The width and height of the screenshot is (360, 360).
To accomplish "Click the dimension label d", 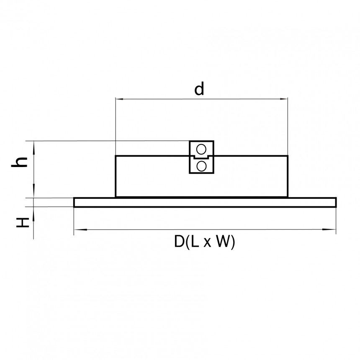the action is (x=199, y=89).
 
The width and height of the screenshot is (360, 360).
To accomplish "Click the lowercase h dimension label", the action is (x=20, y=162).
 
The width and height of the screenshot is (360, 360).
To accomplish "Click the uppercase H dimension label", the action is (x=23, y=222).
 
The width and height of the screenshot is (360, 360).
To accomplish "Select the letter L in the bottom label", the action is (x=195, y=242).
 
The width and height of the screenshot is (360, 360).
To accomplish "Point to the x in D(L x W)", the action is (x=207, y=243).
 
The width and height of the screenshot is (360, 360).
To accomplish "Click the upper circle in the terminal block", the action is (x=201, y=149).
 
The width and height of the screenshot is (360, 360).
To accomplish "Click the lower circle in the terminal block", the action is (x=201, y=166).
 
